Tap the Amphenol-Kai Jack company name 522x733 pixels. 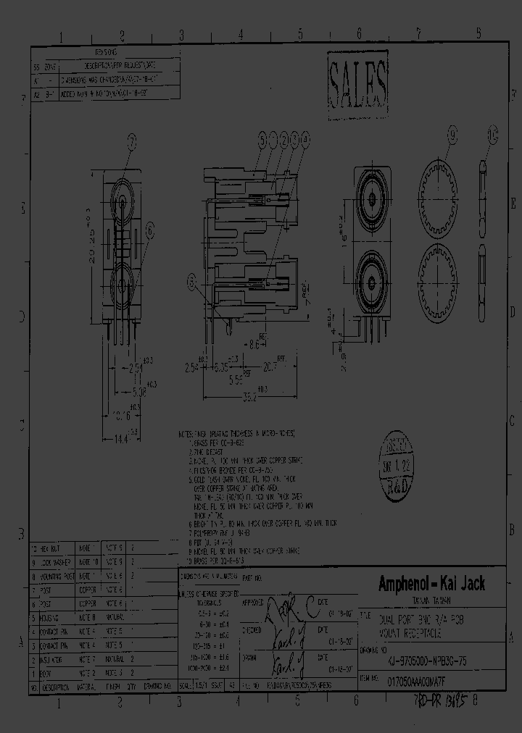[431, 584]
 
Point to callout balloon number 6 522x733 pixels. [150, 230]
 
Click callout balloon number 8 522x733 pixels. [193, 282]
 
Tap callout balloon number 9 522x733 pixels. [453, 135]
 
